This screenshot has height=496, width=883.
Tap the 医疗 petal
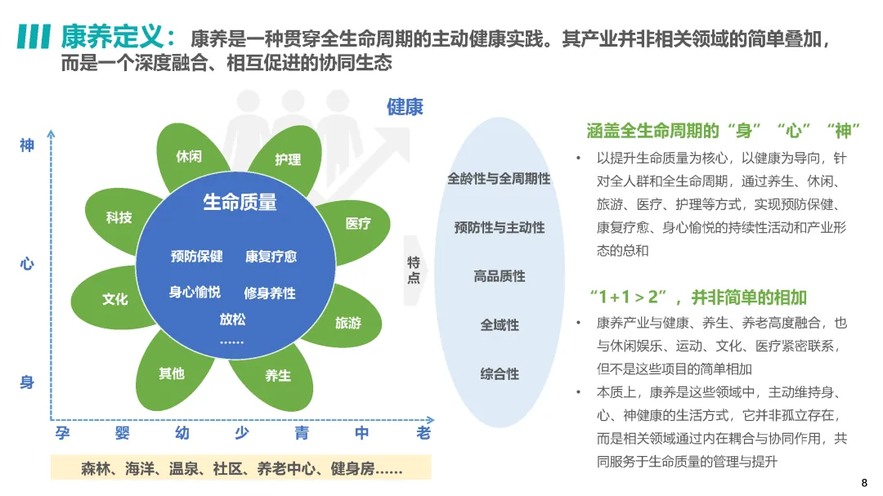[x=358, y=223]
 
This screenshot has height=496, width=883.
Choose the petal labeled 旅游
[x=347, y=323]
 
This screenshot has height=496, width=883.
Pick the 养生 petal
[x=278, y=375]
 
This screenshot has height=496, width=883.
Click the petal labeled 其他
[x=172, y=373]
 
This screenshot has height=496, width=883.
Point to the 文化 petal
[x=114, y=299]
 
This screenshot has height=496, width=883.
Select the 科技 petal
[x=119, y=217]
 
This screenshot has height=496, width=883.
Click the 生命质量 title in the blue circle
[x=240, y=202]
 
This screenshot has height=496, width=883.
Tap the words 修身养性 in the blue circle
[x=270, y=293]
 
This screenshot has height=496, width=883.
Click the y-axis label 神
[x=27, y=145]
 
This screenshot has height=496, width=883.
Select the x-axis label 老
[x=424, y=433]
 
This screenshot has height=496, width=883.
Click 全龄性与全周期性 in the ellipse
[x=499, y=178]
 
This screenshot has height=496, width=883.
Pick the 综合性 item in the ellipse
[x=500, y=373]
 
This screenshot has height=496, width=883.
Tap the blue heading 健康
[x=405, y=107]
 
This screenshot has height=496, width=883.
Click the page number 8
[x=865, y=481]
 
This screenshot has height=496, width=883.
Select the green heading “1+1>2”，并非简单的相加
[x=697, y=296]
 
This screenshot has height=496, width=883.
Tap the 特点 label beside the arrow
[x=414, y=270]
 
